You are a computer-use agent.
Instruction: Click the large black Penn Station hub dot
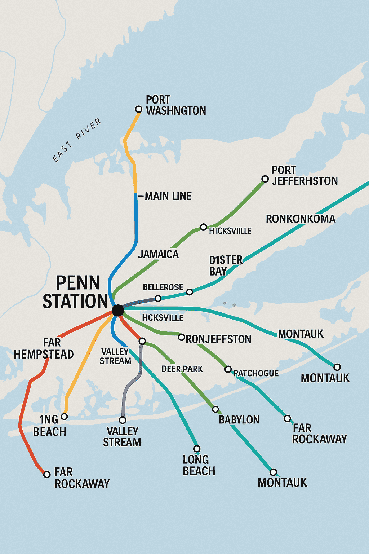click(x=117, y=310)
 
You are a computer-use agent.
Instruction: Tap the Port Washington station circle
click(x=138, y=109)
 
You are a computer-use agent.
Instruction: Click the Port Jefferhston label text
click(x=304, y=175)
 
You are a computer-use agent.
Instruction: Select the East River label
click(x=76, y=140)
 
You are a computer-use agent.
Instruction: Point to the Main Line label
click(x=168, y=196)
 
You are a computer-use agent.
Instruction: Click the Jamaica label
click(x=158, y=254)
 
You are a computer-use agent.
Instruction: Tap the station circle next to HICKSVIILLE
click(x=204, y=227)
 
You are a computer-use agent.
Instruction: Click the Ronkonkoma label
click(x=301, y=219)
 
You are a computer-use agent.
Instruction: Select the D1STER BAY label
click(x=226, y=265)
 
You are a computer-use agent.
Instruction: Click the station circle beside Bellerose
click(x=158, y=298)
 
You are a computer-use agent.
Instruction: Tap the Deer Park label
click(x=182, y=369)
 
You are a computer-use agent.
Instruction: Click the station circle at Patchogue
click(x=228, y=369)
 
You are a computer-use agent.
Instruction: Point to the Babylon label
click(x=239, y=420)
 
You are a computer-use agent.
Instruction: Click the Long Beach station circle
click(x=197, y=449)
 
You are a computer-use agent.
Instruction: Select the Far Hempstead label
click(x=44, y=348)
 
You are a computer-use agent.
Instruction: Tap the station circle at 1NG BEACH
click(x=65, y=417)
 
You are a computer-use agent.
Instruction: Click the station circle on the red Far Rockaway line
click(x=47, y=474)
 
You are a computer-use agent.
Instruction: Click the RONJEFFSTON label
click(x=218, y=339)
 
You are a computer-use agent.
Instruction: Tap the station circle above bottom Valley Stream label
click(x=123, y=420)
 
